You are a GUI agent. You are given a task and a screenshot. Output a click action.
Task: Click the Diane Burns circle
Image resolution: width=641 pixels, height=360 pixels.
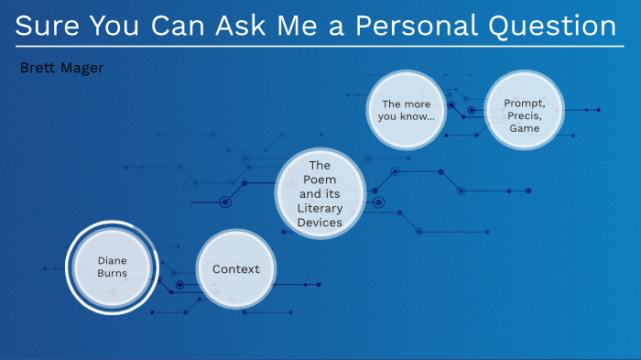(112, 266)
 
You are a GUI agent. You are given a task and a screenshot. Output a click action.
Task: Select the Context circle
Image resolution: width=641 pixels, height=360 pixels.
(236, 269)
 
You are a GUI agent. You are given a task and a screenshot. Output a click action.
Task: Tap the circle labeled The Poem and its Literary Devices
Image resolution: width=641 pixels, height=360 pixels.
(320, 193)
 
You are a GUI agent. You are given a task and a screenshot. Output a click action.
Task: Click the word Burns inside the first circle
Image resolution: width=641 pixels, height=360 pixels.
(112, 273)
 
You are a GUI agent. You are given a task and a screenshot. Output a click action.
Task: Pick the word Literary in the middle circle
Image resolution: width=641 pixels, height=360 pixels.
(320, 208)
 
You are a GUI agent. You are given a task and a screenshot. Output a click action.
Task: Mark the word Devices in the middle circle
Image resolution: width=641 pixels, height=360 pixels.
(320, 222)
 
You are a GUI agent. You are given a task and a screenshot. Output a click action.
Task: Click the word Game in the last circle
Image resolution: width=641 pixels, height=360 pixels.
(525, 129)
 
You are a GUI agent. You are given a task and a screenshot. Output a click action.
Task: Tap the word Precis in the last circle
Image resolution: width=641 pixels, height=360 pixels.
(525, 116)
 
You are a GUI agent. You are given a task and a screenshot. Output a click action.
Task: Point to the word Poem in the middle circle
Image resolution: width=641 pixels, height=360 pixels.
(320, 180)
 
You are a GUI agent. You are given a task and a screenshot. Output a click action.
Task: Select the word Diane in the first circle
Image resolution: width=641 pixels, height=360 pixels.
(112, 259)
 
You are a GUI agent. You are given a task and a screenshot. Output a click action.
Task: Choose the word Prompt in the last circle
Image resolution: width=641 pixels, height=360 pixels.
(525, 104)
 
